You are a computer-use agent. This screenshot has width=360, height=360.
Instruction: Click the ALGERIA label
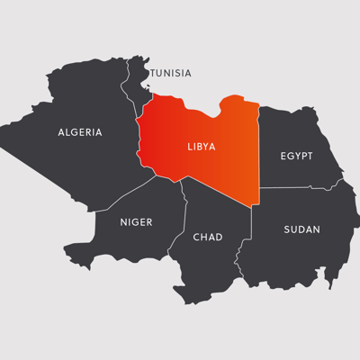click(80, 132)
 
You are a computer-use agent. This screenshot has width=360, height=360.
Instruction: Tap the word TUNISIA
click(170, 73)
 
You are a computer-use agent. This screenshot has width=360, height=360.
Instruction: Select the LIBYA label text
click(201, 145)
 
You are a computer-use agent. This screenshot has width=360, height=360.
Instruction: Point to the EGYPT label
click(296, 156)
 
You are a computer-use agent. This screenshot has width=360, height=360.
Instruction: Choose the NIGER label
click(136, 221)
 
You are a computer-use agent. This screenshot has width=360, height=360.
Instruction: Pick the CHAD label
click(208, 237)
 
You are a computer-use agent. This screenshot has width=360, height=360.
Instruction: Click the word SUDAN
click(301, 229)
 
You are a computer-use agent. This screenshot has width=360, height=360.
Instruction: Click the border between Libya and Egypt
click(259, 144)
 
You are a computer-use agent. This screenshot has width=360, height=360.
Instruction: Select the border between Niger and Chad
click(186, 216)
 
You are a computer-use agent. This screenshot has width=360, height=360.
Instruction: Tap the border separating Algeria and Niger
click(126, 193)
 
